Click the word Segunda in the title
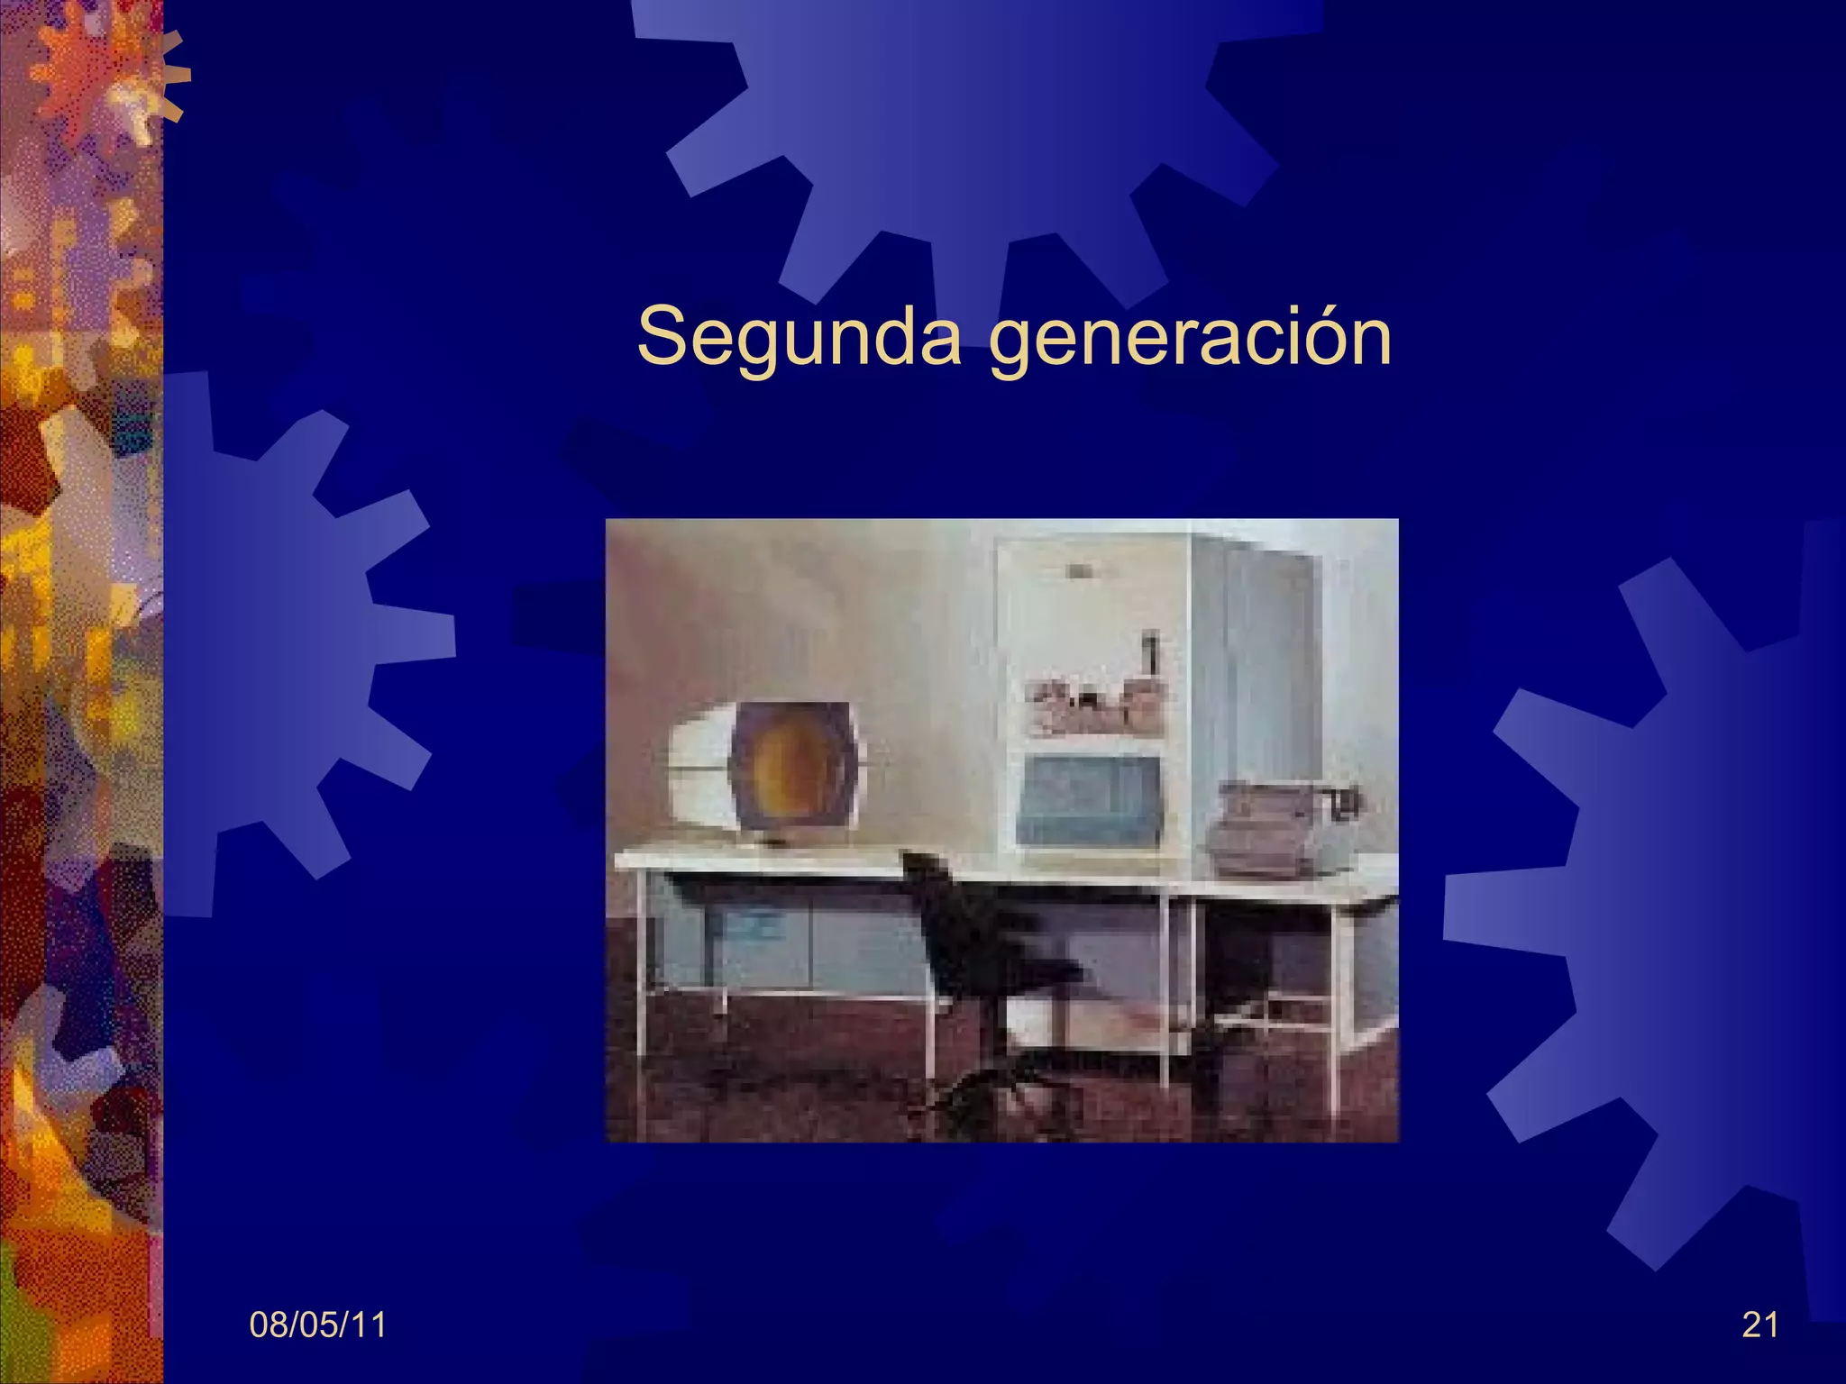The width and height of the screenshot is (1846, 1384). click(799, 337)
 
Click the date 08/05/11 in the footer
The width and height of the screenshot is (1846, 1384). click(317, 1325)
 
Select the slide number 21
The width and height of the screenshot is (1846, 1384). click(1760, 1325)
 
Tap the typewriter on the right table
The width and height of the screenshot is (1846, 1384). click(1284, 824)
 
